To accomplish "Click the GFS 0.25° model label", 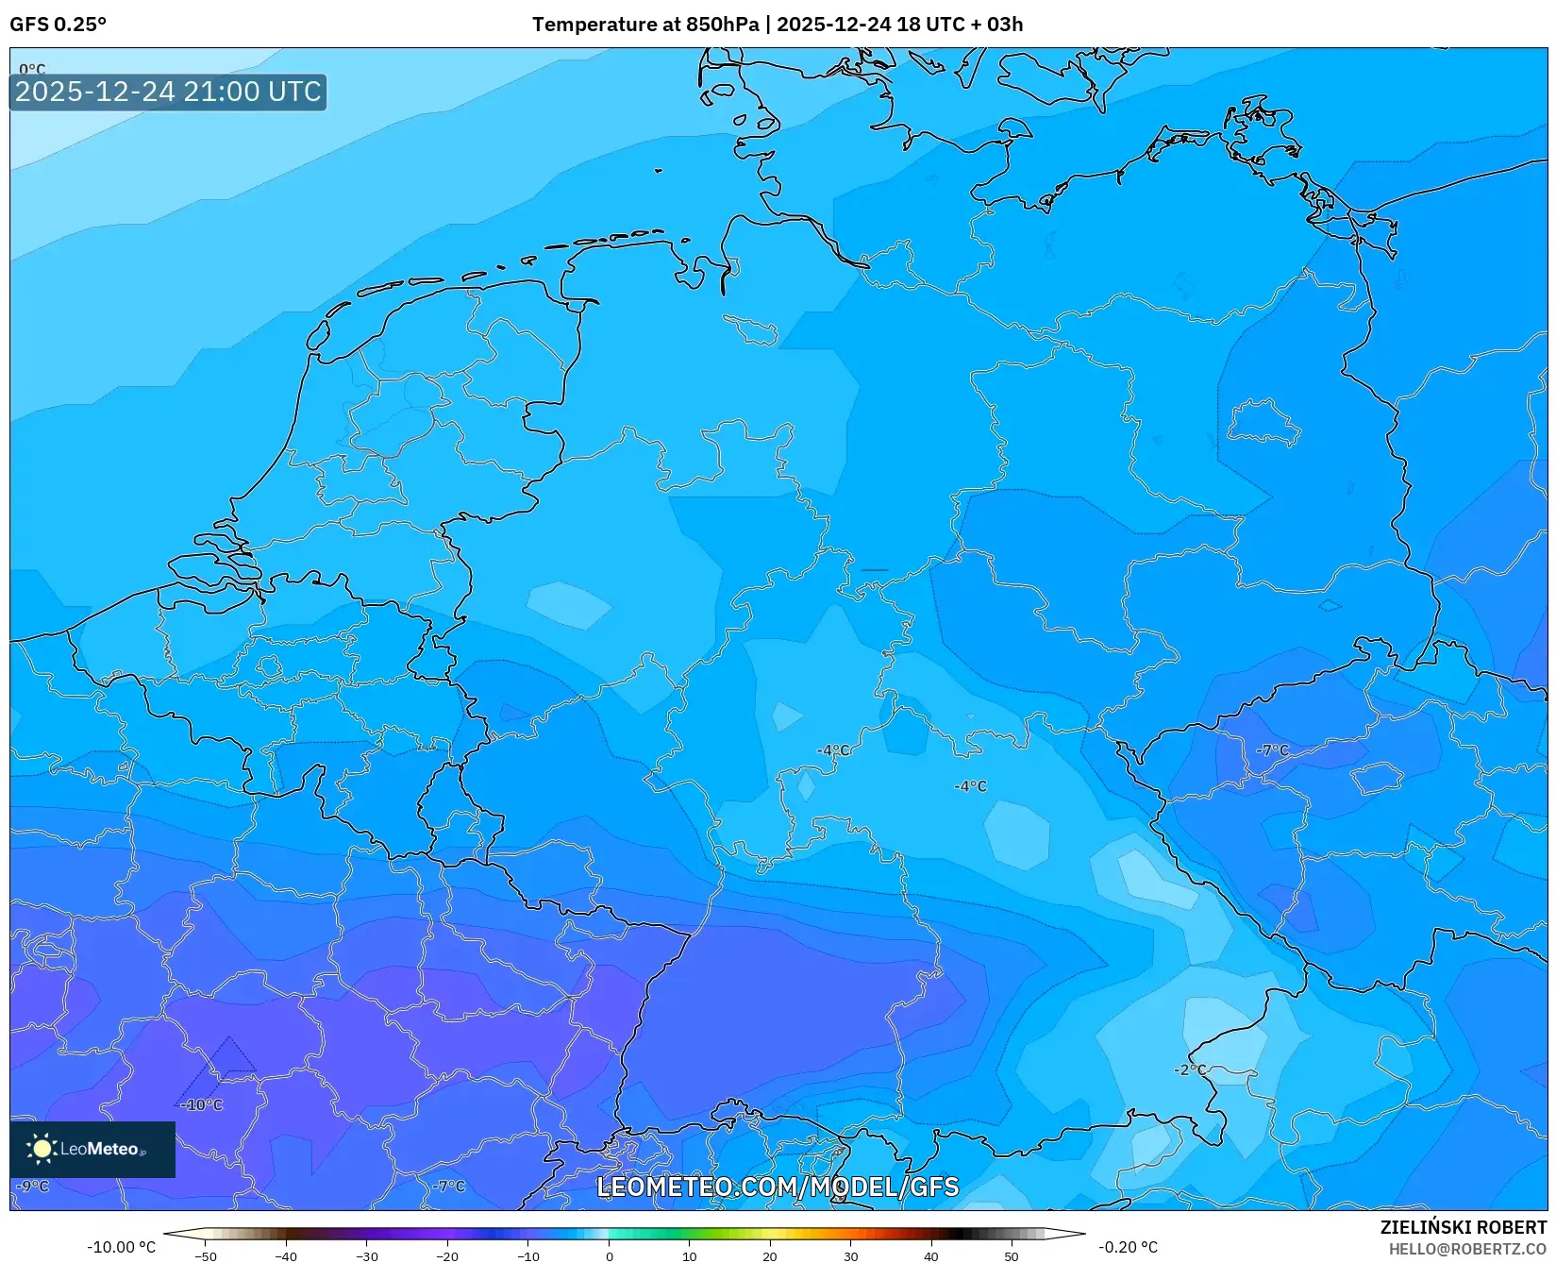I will point(58,25).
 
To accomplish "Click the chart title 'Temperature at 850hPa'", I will point(644,25).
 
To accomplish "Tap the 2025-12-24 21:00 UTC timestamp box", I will point(168,92).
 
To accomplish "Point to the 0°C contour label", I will point(32,69).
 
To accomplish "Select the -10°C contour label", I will point(202,1104).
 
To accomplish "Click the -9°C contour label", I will point(32,1186).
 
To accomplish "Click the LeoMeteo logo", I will point(92,1149).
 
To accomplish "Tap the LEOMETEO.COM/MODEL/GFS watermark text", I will point(778,1187).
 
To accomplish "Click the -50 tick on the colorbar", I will point(206,1255).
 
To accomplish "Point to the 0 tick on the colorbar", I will point(610,1255).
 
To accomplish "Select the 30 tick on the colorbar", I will point(851,1255).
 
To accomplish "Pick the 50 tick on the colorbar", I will point(1012,1255).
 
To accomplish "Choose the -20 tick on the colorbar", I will point(447,1255).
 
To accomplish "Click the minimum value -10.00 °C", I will point(121,1247).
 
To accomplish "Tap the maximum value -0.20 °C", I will point(1128,1247).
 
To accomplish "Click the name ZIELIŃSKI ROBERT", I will point(1464,1227).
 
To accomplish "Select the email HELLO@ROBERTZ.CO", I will point(1467,1249).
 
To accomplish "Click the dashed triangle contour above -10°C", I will point(228,1057).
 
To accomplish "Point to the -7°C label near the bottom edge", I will point(449,1186).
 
